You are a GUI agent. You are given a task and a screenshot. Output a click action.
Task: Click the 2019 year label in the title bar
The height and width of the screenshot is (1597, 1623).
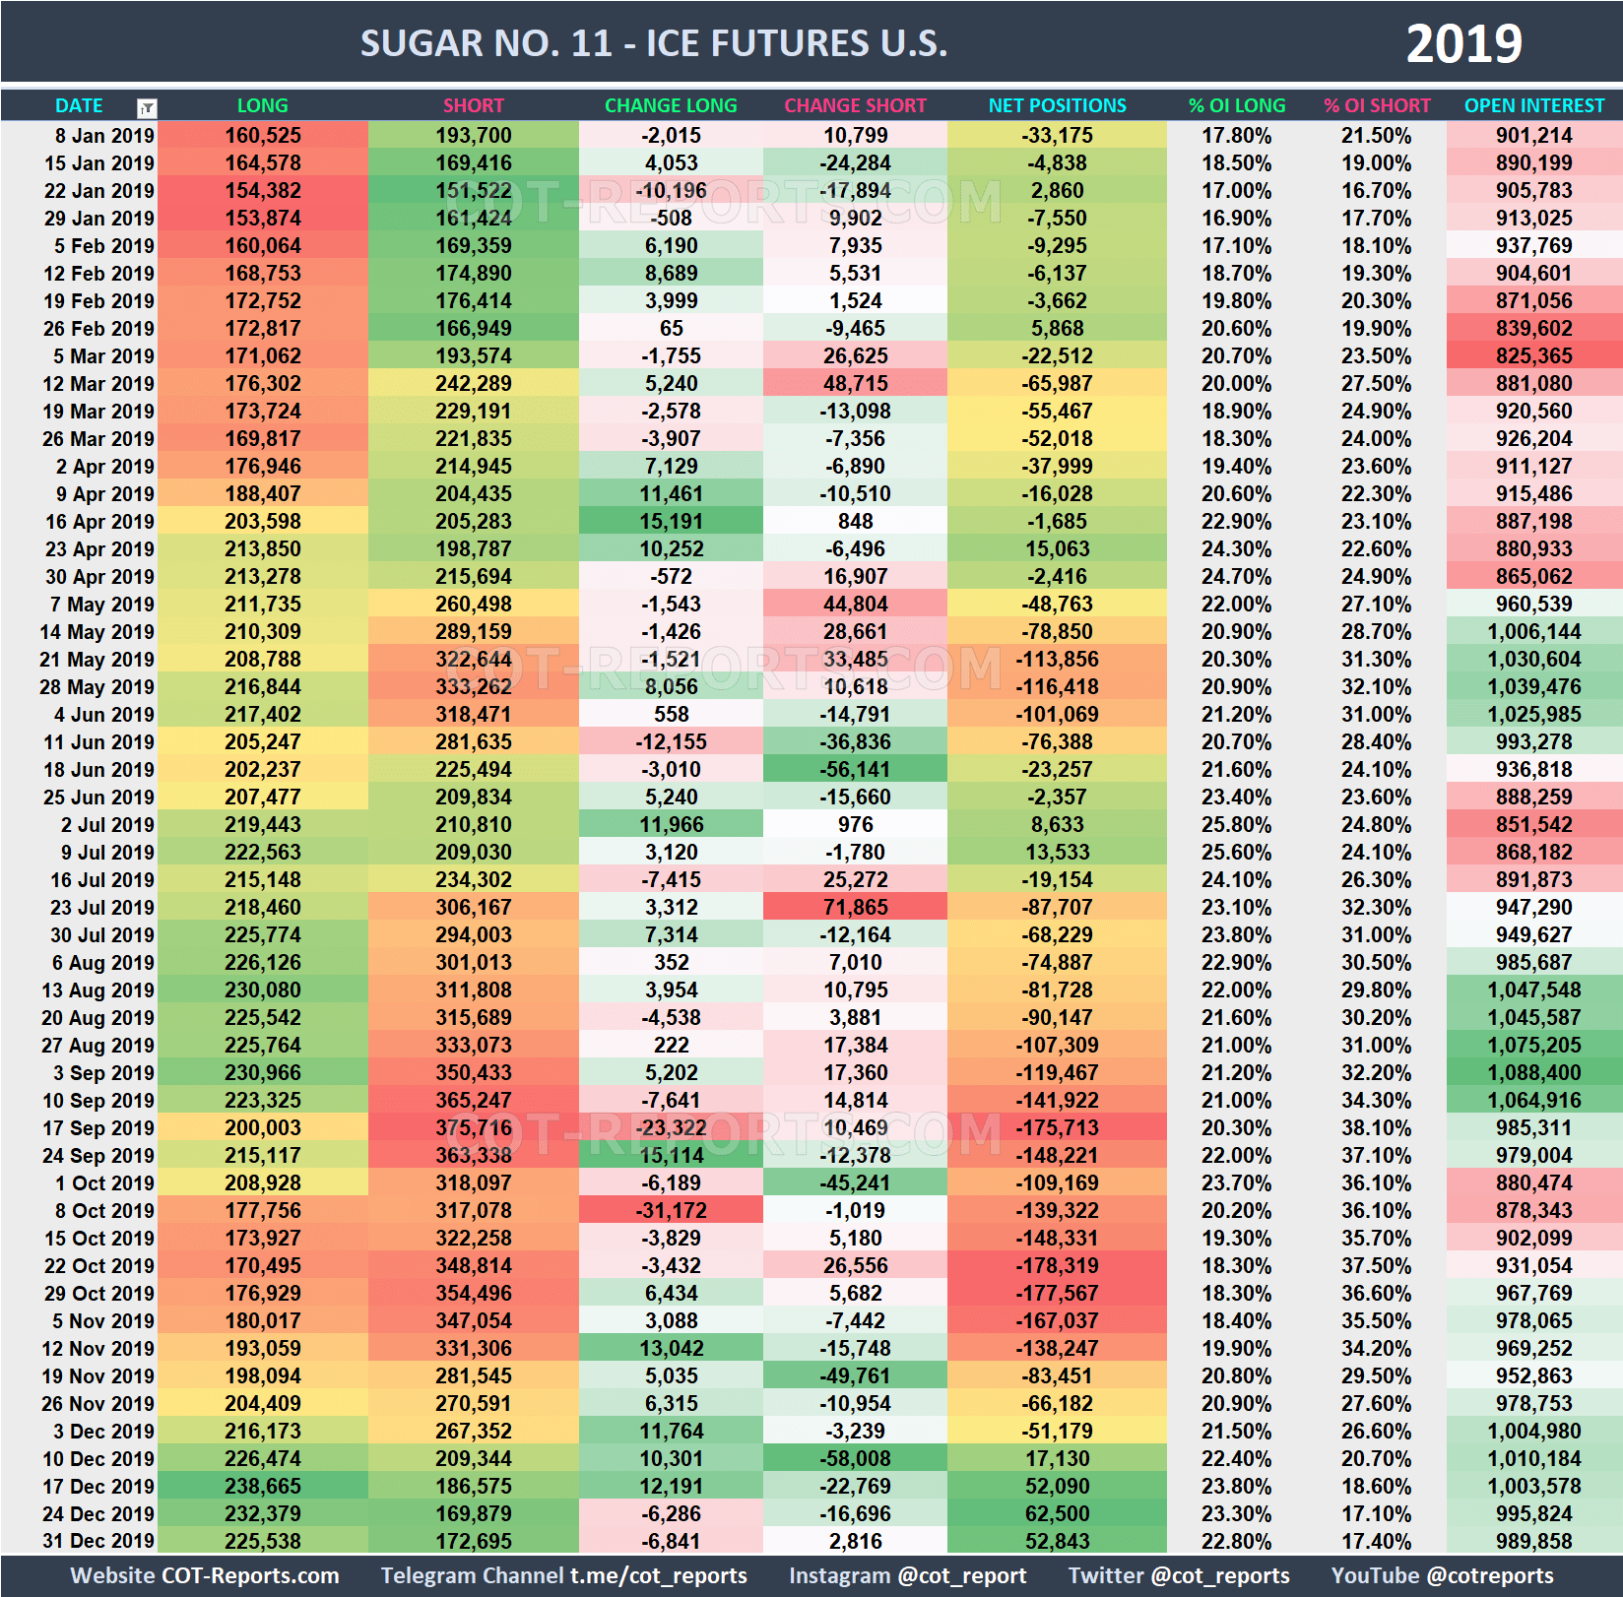(x=1463, y=44)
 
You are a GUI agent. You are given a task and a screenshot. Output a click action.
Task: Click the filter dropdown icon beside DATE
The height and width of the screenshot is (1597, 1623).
(x=147, y=108)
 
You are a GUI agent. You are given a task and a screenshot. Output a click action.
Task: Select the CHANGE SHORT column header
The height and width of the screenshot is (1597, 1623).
(x=855, y=105)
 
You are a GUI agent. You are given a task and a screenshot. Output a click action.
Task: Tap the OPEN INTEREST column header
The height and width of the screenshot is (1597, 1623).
(x=1533, y=105)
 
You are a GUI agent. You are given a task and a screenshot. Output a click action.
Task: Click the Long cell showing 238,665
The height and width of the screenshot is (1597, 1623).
(x=263, y=1487)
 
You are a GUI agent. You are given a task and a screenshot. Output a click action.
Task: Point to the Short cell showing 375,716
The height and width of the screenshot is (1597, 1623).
(x=474, y=1128)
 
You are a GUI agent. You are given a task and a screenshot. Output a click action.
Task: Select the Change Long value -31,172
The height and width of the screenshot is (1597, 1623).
(x=671, y=1211)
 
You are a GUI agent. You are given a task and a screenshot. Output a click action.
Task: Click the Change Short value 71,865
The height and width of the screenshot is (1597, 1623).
(x=855, y=908)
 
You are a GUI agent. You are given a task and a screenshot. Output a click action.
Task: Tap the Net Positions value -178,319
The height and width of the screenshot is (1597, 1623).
(x=1057, y=1266)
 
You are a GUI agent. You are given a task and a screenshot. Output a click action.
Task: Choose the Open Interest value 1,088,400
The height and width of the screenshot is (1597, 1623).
(x=1533, y=1073)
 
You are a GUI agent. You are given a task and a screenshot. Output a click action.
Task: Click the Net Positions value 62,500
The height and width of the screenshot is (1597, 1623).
(x=1057, y=1514)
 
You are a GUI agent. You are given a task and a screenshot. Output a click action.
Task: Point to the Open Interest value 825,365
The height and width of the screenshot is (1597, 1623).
(x=1533, y=356)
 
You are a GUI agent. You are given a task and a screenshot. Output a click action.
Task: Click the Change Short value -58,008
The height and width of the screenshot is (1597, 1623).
(x=855, y=1459)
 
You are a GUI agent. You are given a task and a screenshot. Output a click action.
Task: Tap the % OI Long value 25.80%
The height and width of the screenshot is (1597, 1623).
(x=1236, y=825)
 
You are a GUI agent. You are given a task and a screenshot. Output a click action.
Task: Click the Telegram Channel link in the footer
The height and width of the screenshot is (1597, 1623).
(x=563, y=1576)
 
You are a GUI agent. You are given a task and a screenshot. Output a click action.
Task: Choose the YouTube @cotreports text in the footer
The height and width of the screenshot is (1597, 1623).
(x=1442, y=1576)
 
